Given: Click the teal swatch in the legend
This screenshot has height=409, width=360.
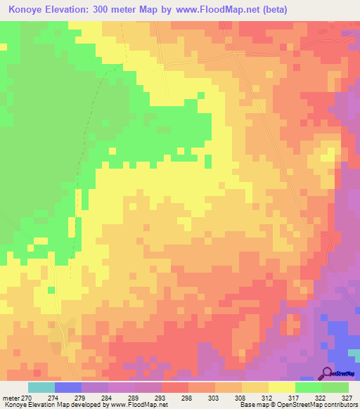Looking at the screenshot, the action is click(41, 387).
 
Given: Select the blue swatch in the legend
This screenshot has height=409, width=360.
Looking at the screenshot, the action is click(68, 387).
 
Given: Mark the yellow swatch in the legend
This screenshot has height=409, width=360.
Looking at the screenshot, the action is click(282, 387).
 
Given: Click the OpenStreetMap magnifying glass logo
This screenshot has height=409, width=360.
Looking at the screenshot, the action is click(327, 372).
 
